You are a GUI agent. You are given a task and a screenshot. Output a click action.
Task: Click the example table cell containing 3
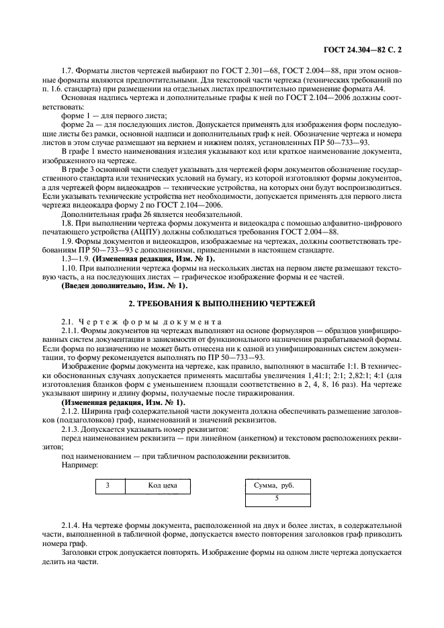pyautogui.click(x=107, y=485)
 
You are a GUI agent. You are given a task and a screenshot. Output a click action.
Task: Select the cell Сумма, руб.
pyautogui.click(x=273, y=485)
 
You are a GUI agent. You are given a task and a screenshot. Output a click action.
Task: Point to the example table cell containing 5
pyautogui.click(x=277, y=498)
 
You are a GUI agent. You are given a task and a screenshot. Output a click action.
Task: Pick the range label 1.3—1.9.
pyautogui.click(x=75, y=259)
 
